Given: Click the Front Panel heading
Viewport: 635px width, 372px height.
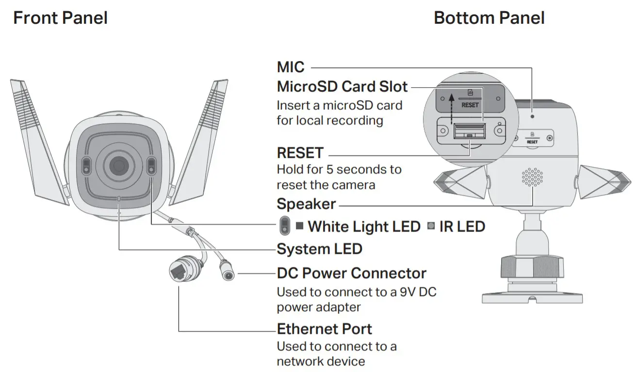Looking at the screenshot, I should click(60, 18).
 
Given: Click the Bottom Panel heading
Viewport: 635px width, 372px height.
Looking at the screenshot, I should click(489, 18).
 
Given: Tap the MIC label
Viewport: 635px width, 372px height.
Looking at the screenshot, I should click(291, 67).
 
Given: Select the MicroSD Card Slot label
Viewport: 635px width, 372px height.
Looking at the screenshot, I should click(342, 87).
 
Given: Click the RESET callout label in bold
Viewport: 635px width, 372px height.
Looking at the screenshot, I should click(300, 153).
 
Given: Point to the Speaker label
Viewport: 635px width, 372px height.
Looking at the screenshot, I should click(306, 204).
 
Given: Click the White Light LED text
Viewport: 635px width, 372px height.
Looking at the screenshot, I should click(364, 226).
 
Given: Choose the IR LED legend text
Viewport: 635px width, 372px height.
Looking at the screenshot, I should click(462, 226).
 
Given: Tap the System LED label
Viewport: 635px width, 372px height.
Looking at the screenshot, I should click(319, 249).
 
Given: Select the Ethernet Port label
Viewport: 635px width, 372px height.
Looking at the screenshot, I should click(324, 329).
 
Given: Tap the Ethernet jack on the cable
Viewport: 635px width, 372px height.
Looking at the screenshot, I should click(179, 270).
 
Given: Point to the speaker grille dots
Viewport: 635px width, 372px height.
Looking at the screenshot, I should click(532, 177).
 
